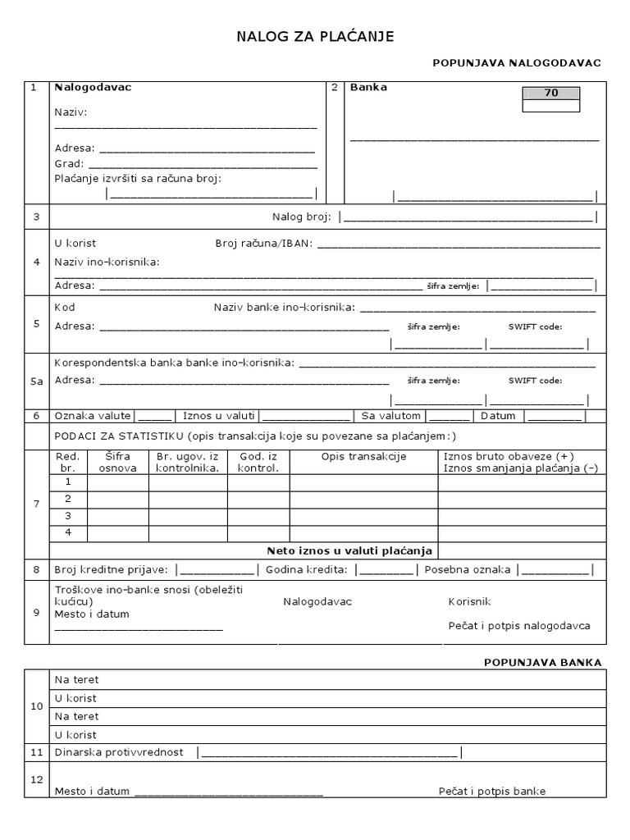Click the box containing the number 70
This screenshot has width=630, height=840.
click(x=550, y=94)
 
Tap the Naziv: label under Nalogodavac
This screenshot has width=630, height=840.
click(x=71, y=112)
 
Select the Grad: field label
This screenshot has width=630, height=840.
click(x=70, y=163)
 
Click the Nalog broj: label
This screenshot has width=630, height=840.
click(x=301, y=217)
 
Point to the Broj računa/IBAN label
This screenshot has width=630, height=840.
click(x=263, y=244)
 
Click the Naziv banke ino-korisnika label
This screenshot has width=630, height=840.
click(x=284, y=308)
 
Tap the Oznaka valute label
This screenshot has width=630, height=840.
click(x=93, y=416)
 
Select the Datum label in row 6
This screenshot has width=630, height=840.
click(x=498, y=416)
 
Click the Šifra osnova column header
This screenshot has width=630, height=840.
click(x=117, y=462)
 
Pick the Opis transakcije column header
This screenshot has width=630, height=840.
click(x=363, y=457)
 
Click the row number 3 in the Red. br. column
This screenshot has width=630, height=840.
click(x=69, y=515)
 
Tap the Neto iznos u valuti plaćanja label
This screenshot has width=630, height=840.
click(x=349, y=550)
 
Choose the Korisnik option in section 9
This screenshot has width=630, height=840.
click(x=469, y=601)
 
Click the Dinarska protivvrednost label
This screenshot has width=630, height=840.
click(x=119, y=752)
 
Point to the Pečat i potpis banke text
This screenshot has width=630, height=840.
click(x=492, y=792)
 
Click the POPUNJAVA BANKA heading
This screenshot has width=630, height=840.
click(x=543, y=662)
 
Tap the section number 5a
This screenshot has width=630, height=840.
click(x=36, y=381)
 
